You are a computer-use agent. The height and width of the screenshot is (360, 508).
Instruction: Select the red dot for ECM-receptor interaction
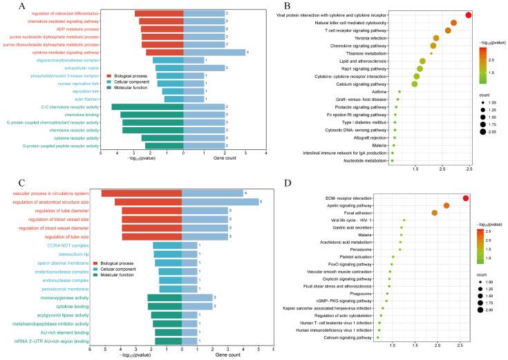point(466,198)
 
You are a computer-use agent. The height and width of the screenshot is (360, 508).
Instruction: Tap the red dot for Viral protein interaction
point(469,15)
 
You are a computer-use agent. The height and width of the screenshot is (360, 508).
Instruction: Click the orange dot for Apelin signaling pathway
point(446,206)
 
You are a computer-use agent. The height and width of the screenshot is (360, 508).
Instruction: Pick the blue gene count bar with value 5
point(220,202)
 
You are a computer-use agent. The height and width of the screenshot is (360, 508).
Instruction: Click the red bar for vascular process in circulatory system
point(141,193)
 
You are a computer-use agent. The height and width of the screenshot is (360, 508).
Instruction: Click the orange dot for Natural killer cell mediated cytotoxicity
point(453,23)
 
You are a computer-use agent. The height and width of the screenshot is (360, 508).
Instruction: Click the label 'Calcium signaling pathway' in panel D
point(350,337)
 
